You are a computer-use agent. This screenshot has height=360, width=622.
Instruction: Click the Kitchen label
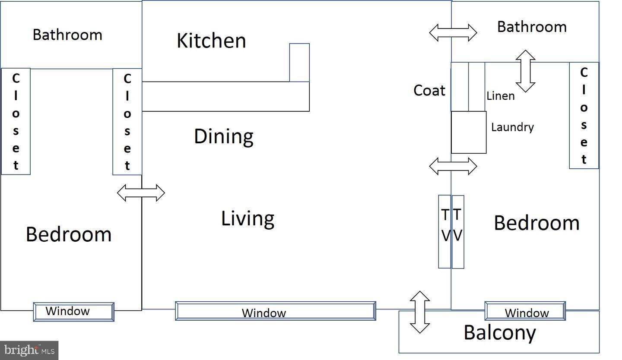point(211,41)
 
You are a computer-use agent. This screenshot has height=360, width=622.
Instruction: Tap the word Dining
point(224,136)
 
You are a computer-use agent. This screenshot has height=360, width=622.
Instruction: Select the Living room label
point(248,219)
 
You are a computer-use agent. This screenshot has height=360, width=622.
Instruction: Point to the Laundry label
point(512,127)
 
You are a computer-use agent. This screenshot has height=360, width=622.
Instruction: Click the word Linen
point(500,96)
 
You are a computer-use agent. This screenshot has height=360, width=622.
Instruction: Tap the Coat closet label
point(429,90)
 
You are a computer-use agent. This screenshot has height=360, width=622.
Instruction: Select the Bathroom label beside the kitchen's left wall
point(67,35)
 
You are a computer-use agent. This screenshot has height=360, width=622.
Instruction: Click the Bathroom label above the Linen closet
point(532,27)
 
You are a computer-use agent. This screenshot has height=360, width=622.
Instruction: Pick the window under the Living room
point(276,311)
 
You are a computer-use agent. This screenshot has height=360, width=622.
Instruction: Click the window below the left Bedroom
point(73,312)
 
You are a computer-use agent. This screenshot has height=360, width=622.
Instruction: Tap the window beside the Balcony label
point(525,311)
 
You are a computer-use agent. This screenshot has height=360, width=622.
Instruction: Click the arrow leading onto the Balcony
point(420,312)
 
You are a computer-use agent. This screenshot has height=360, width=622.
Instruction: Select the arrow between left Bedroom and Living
point(141,193)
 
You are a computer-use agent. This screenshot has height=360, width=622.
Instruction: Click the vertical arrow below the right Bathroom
point(525,71)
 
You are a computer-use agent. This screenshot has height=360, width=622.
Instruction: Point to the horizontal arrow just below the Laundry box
point(453,166)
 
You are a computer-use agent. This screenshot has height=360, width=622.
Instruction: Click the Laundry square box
point(469,133)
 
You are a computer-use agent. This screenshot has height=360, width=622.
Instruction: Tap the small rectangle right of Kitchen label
point(299,63)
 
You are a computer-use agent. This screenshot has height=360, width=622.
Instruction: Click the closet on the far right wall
point(584,115)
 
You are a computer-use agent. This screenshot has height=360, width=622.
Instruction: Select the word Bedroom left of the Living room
point(69,234)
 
